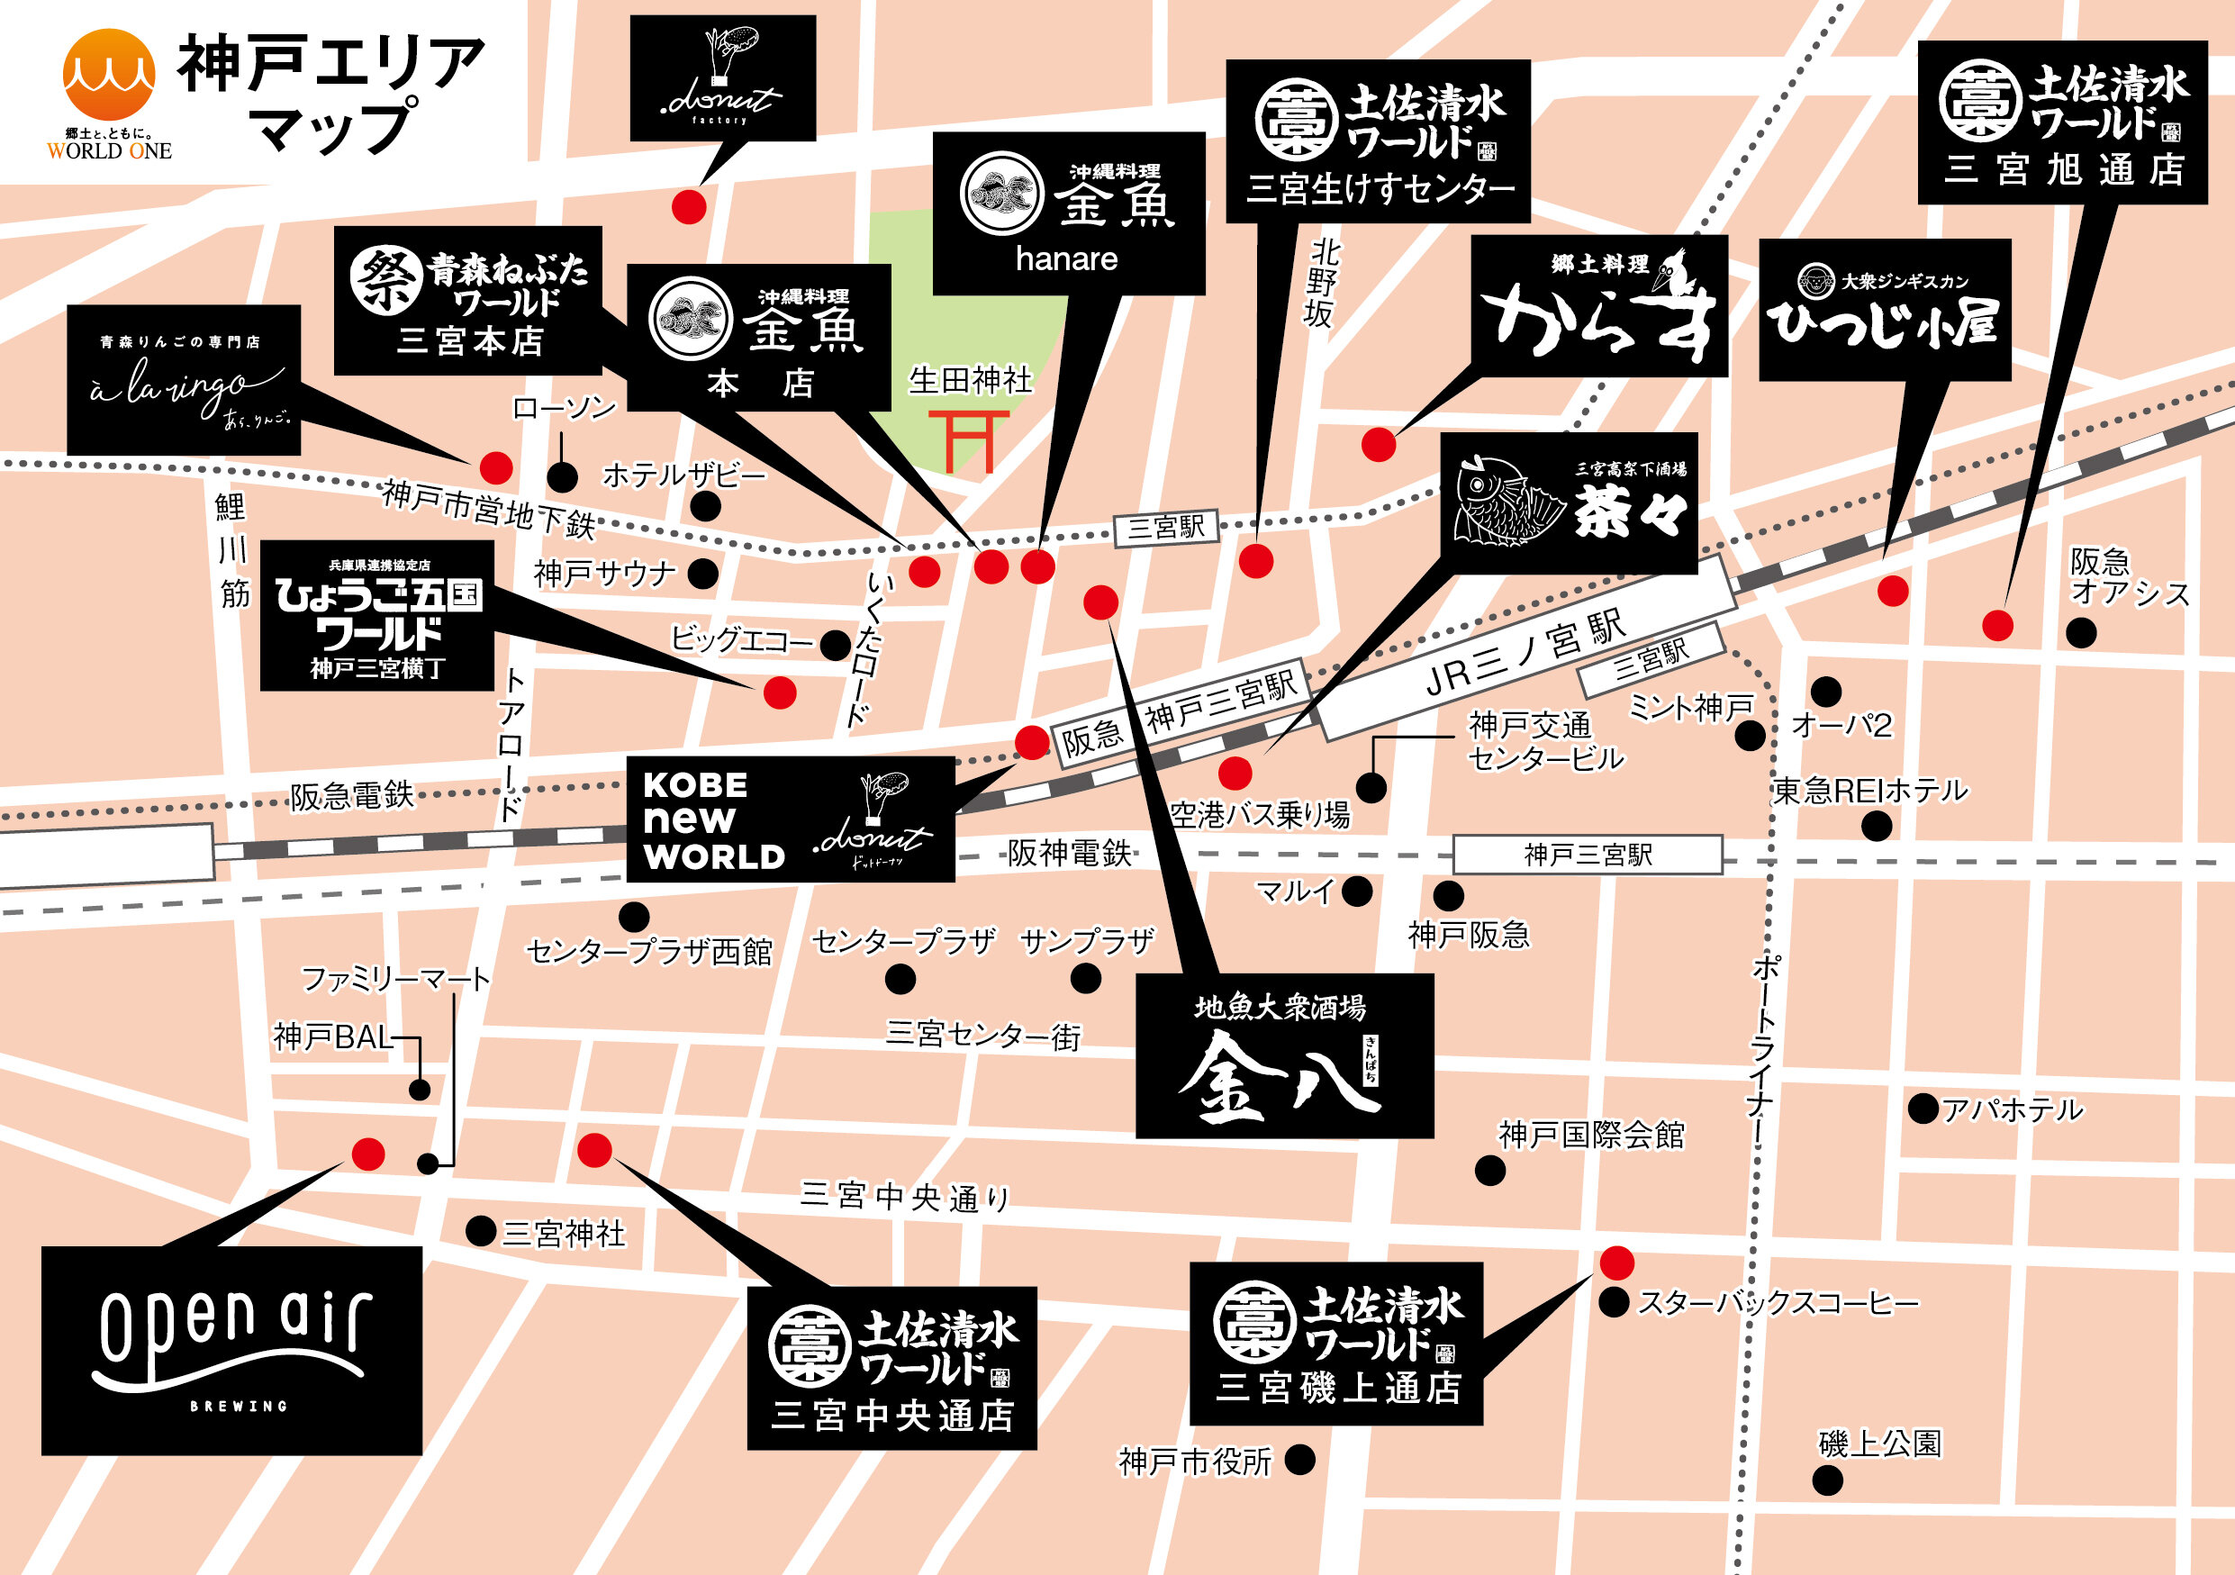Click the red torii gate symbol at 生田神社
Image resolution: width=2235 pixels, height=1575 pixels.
pyautogui.click(x=968, y=441)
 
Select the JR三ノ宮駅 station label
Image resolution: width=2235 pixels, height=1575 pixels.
pyautogui.click(x=1525, y=653)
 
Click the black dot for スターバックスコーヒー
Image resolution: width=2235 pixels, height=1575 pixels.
pyautogui.click(x=1614, y=1301)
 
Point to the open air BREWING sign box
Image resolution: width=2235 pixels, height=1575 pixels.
pyautogui.click(x=231, y=1350)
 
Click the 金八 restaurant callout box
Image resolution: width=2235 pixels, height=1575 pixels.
pyautogui.click(x=1284, y=1055)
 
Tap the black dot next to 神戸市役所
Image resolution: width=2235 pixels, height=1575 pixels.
pyautogui.click(x=1299, y=1459)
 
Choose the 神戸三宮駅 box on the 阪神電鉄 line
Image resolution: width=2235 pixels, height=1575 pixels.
pyautogui.click(x=1587, y=855)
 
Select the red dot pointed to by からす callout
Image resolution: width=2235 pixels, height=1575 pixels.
pyautogui.click(x=1379, y=444)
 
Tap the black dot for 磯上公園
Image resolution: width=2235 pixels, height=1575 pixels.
pyautogui.click(x=1827, y=1480)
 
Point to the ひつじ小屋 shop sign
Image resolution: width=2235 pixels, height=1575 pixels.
pyautogui.click(x=1884, y=310)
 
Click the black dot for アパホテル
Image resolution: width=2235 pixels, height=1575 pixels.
pyautogui.click(x=1923, y=1108)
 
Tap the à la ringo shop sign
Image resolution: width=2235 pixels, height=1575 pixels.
pyautogui.click(x=183, y=380)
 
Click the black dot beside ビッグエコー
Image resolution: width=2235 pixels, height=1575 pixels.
pyautogui.click(x=836, y=645)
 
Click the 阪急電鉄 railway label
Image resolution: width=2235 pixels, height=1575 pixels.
pyautogui.click(x=351, y=795)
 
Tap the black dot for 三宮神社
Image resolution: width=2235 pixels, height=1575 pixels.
pyautogui.click(x=481, y=1230)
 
